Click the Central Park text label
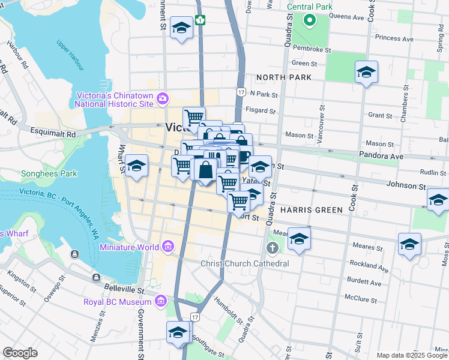click(309, 7)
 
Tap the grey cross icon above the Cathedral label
click(272, 248)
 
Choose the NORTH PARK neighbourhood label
click(283, 77)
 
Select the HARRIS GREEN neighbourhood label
click(310, 210)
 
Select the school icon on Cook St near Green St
click(366, 73)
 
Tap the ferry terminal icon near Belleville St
click(96, 277)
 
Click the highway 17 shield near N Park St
click(241, 92)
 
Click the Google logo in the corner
click(20, 353)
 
